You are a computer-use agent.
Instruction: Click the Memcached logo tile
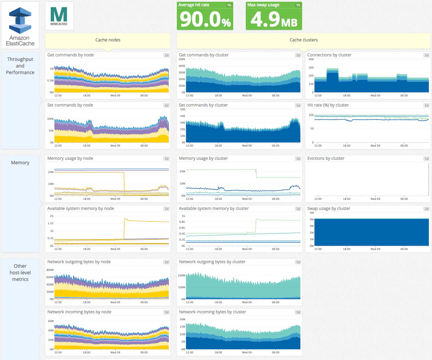click(x=59, y=16)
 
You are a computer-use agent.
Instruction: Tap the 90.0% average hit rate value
click(x=205, y=19)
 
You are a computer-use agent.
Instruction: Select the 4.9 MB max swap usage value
click(x=274, y=19)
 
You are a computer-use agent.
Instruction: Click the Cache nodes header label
click(x=108, y=40)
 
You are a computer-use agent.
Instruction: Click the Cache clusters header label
click(x=304, y=40)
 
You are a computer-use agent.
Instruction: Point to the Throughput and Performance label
click(x=20, y=66)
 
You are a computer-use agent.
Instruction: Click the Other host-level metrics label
click(x=20, y=273)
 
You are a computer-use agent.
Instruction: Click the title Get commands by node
click(x=71, y=55)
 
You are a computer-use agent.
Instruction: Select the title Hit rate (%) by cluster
click(x=328, y=105)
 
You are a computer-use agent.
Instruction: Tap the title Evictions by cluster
click(x=326, y=158)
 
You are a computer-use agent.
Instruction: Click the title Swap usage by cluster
click(x=329, y=209)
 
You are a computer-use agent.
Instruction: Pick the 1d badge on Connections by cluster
click(x=426, y=55)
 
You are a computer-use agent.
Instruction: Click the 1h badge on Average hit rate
click(x=229, y=5)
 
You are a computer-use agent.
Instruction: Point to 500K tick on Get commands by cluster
click(x=182, y=60)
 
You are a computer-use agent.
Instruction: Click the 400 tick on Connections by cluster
click(x=311, y=60)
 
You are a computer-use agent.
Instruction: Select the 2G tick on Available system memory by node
click(x=52, y=216)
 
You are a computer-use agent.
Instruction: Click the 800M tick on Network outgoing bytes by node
click(x=50, y=270)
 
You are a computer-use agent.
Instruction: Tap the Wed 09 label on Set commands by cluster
click(x=247, y=146)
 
